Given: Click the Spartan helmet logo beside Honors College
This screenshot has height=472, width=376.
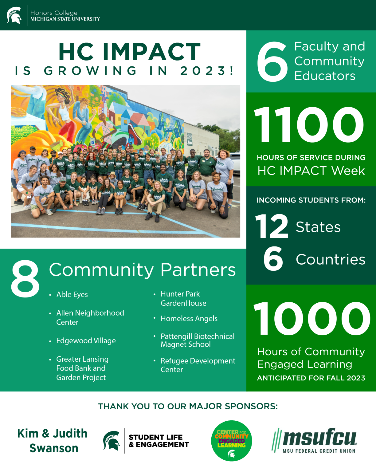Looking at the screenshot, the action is click(14, 15).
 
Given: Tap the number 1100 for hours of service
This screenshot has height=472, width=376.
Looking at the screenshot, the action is click(309, 124).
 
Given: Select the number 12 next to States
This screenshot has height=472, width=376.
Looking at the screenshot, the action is click(272, 226).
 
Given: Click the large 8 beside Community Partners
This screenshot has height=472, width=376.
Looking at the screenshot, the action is click(25, 278).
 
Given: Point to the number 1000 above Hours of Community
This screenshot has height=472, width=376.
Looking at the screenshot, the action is click(312, 318).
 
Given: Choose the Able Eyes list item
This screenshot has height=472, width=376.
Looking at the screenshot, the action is click(72, 295).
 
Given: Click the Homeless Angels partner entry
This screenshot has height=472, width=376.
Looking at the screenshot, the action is click(189, 318).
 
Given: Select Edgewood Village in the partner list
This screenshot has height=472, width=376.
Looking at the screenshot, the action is click(86, 340).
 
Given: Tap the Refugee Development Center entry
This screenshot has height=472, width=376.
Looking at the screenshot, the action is click(198, 365).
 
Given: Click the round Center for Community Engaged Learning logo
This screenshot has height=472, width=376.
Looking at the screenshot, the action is click(232, 441).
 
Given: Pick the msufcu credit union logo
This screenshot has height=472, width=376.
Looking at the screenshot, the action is click(314, 441).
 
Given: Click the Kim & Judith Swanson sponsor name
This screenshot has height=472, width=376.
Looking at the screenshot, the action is click(53, 441).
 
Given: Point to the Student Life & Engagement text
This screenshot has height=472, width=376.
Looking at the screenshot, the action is click(159, 441).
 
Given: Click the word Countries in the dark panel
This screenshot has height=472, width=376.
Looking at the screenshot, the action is click(331, 259).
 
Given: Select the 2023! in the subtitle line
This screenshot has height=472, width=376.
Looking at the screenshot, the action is click(207, 71).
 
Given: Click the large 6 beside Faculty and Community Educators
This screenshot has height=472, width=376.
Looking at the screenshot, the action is click(272, 61).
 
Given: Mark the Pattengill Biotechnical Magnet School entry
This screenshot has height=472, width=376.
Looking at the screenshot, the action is click(198, 340).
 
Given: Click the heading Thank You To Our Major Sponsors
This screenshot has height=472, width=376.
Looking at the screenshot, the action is click(188, 407).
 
